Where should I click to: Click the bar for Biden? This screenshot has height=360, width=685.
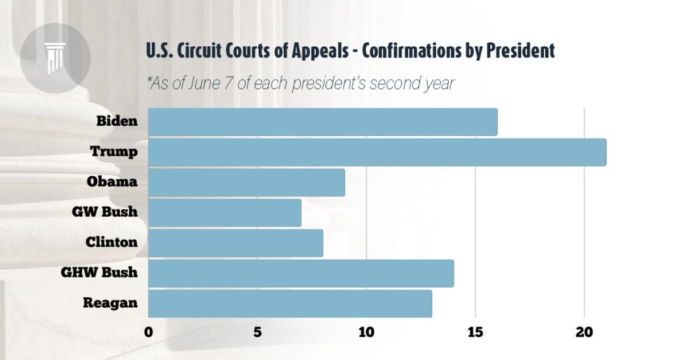(322, 122)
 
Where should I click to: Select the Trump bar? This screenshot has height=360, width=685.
(377, 152)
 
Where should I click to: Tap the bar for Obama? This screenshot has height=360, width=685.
(246, 182)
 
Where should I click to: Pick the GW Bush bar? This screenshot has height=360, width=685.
(224, 212)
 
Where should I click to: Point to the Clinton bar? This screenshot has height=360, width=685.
(235, 242)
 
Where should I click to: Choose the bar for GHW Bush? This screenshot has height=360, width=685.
(300, 273)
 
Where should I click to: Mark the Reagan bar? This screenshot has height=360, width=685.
(290, 303)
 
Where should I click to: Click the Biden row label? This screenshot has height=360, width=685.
(117, 122)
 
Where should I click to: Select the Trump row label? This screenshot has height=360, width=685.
(114, 152)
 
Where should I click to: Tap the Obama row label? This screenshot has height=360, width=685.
(112, 182)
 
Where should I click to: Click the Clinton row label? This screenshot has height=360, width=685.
(111, 242)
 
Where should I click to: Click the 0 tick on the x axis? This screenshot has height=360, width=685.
(149, 331)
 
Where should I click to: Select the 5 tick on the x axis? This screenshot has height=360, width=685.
(258, 331)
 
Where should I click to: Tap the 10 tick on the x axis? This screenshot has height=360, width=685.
(366, 331)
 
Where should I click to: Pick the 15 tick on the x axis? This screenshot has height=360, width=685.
(475, 331)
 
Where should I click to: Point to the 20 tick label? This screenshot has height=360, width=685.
(584, 331)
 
